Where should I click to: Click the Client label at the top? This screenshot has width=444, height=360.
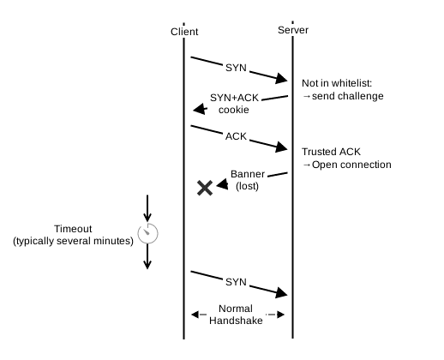[184, 32]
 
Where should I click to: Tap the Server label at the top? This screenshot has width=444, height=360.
[293, 30]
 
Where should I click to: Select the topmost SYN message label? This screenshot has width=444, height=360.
[236, 68]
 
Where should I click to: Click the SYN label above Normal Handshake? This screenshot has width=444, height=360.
[236, 282]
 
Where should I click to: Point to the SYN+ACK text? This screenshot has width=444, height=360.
[234, 98]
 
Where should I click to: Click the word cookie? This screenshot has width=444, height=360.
[234, 110]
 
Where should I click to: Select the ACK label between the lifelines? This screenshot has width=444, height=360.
[236, 136]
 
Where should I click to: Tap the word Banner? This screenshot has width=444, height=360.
[248, 174]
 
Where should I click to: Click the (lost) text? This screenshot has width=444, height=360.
[247, 186]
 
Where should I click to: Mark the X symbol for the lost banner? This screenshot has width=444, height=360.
[205, 188]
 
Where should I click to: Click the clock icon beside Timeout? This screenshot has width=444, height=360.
[147, 233]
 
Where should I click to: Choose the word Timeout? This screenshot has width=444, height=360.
[73, 229]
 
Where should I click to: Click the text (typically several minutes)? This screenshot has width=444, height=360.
[73, 241]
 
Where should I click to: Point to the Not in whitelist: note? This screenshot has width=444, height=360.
[337, 83]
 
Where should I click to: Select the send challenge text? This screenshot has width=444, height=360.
[348, 96]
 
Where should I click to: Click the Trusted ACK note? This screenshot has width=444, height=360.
[331, 152]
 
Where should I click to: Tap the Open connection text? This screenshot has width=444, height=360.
[351, 165]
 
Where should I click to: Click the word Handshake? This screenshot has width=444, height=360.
[236, 321]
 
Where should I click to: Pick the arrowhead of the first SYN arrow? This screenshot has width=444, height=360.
[281, 78]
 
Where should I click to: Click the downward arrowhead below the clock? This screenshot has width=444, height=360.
[147, 265]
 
